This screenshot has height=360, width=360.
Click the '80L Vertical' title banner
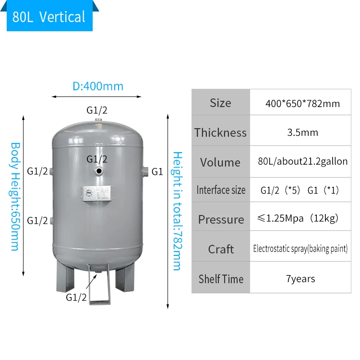(x=49, y=17)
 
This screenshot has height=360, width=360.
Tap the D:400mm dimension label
(x=98, y=86)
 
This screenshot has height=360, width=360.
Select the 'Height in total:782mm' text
(x=177, y=211)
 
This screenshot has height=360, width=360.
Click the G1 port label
(x=157, y=171)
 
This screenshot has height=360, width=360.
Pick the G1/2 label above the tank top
(x=97, y=110)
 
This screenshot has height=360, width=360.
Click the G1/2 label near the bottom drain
(x=76, y=297)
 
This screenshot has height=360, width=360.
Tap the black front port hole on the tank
(x=98, y=171)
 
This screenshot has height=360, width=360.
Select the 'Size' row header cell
(x=220, y=103)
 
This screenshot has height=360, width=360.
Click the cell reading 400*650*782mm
(x=302, y=104)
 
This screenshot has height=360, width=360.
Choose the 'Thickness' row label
(x=220, y=133)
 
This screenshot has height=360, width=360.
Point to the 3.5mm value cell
(x=302, y=133)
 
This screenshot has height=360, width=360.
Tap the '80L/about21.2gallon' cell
(x=302, y=162)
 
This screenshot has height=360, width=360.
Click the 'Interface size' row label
(x=220, y=190)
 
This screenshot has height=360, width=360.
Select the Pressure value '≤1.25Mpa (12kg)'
(x=302, y=219)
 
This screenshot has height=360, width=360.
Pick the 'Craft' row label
(x=220, y=249)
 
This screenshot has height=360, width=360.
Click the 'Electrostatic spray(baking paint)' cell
(x=300, y=249)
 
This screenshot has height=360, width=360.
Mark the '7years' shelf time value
(x=300, y=279)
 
